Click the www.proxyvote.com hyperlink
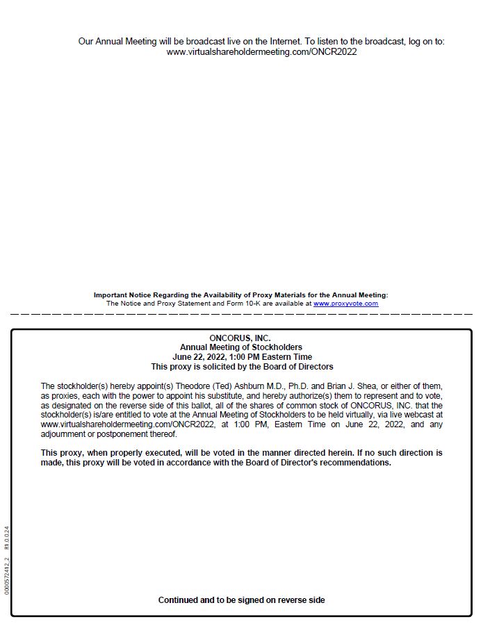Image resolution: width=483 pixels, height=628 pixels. click(345, 304)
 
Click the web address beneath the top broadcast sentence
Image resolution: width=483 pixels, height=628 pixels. click(261, 52)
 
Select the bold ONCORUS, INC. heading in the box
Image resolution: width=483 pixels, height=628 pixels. click(240, 338)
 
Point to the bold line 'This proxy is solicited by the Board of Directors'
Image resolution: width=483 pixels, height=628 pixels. click(242, 367)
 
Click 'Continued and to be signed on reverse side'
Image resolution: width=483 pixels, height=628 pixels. click(241, 600)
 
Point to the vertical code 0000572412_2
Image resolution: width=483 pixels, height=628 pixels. click(7, 576)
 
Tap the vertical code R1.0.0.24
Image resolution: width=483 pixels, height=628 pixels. click(7, 538)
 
